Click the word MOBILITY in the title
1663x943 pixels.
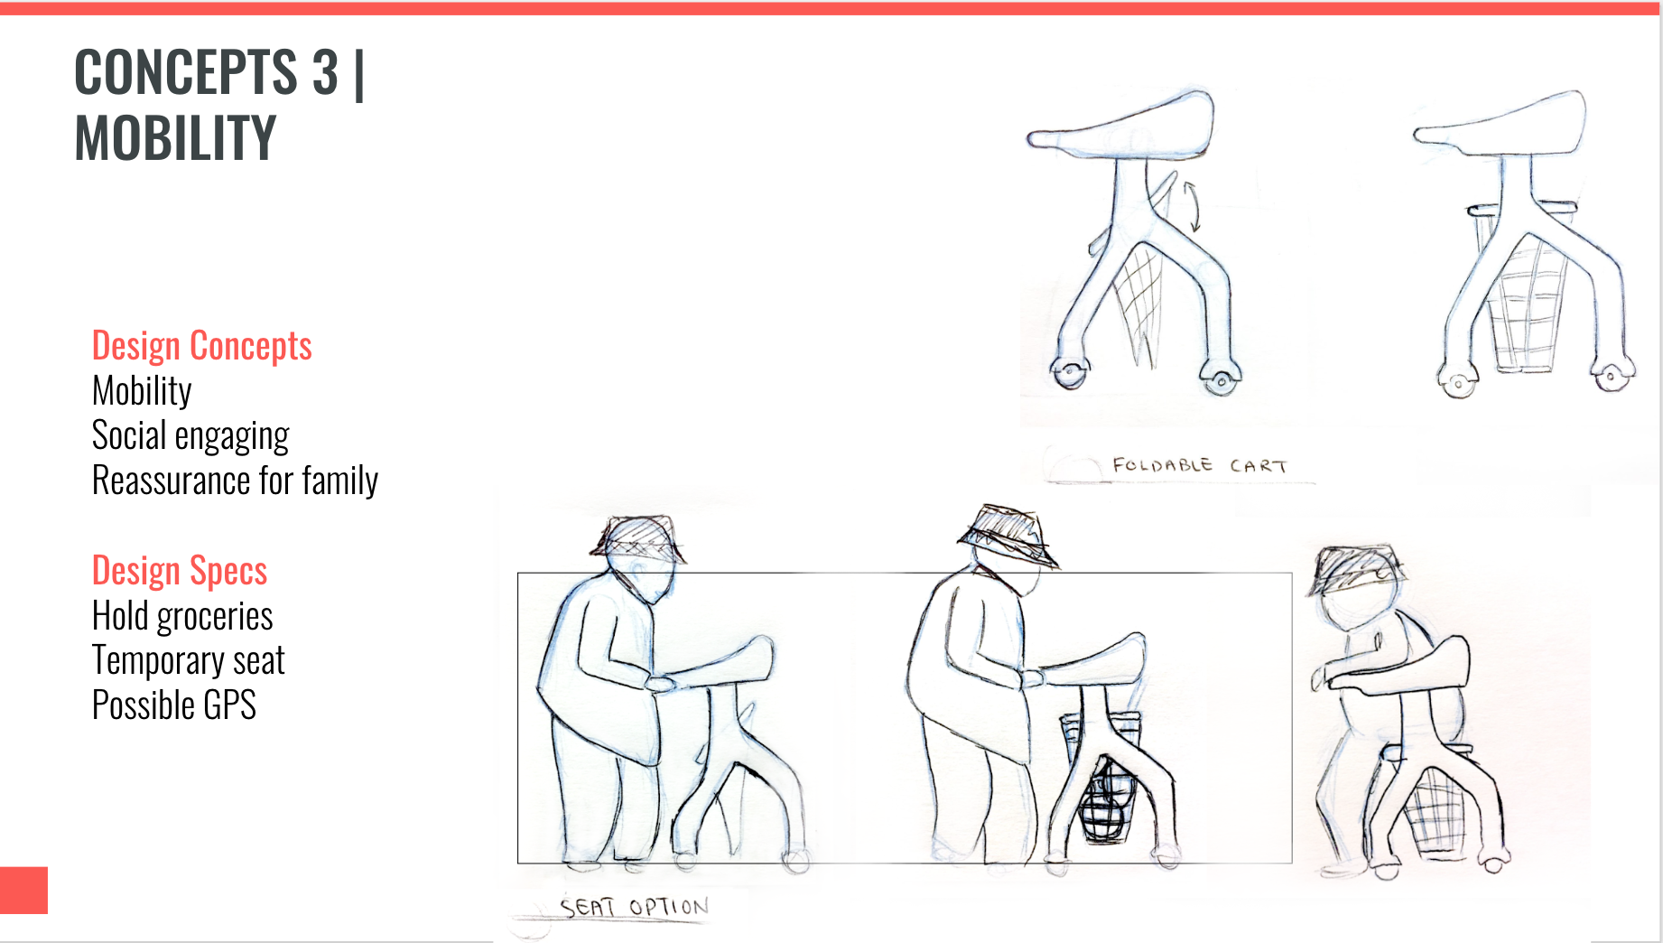point(175,138)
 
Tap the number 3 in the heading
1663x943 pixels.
point(325,72)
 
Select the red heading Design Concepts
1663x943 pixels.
point(202,346)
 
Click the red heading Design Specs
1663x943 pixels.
point(180,571)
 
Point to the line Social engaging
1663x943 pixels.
point(190,436)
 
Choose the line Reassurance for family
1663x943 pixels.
point(235,481)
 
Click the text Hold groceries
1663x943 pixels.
point(182,616)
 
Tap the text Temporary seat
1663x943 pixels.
point(189,660)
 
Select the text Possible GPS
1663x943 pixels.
point(174,705)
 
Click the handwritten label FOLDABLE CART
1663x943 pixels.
point(1200,466)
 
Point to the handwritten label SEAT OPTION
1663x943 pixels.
point(634,907)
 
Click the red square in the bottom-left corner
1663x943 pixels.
point(23,891)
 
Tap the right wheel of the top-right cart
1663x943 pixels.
point(1612,376)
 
